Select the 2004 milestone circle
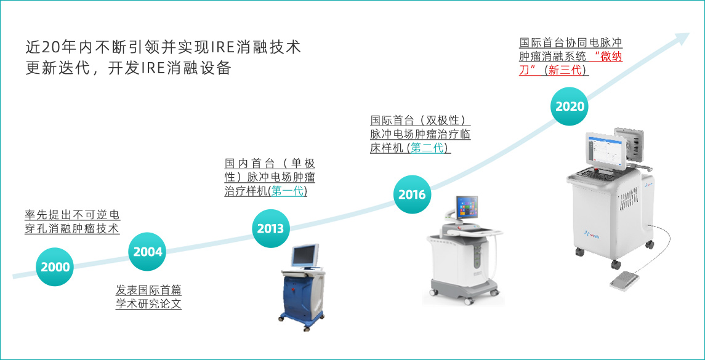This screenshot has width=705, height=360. [148, 252]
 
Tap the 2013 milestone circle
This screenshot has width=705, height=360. [271, 228]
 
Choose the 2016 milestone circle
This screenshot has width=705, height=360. [412, 194]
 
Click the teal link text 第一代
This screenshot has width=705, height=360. [288, 191]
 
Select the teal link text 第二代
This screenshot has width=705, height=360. [427, 148]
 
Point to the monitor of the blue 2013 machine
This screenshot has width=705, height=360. [305, 256]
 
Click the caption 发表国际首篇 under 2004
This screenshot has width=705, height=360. [149, 290]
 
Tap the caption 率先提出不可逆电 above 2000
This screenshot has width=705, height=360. [73, 214]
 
